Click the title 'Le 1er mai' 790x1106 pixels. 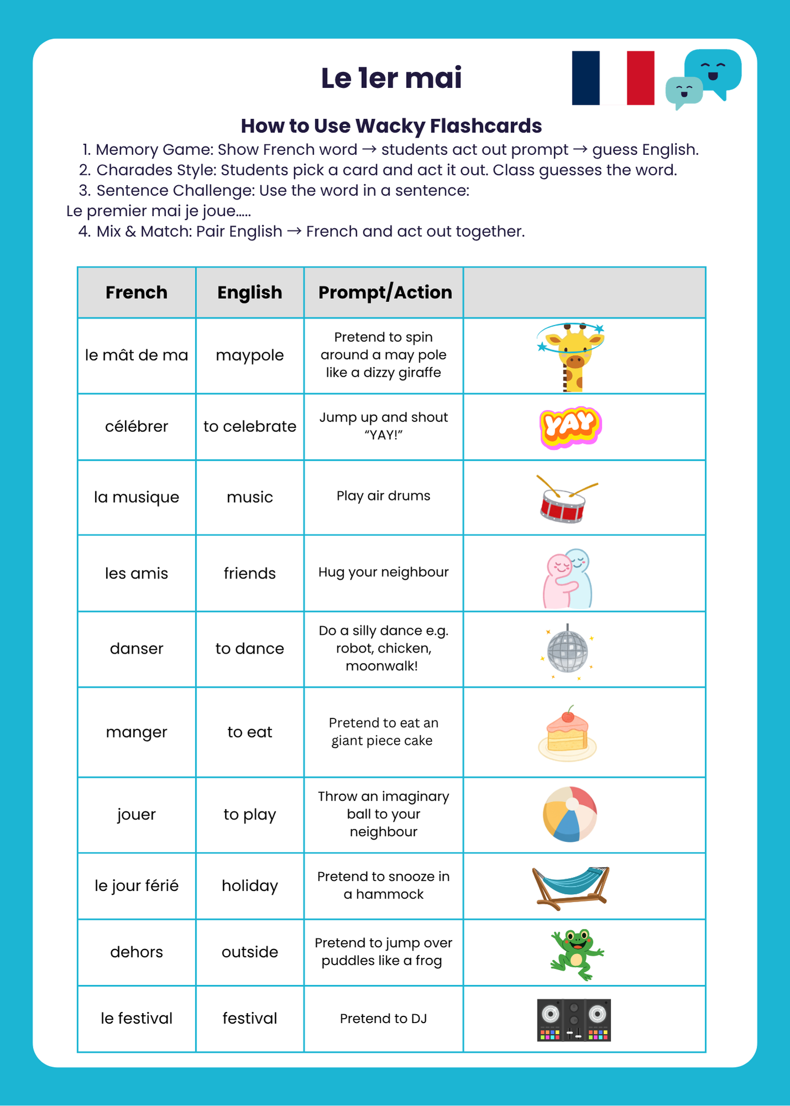[x=391, y=78]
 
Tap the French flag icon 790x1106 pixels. [x=613, y=78]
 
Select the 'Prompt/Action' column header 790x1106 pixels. [x=385, y=293]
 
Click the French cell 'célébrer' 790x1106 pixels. [x=137, y=426]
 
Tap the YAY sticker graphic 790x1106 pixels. [x=570, y=427]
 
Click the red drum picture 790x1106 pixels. [x=564, y=500]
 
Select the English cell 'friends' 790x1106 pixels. [x=250, y=573]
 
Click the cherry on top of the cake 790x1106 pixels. [x=568, y=716]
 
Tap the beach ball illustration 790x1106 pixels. [x=570, y=815]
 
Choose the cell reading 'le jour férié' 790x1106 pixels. [x=137, y=886]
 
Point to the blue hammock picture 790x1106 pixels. [x=570, y=885]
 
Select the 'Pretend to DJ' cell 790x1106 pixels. [x=383, y=1019]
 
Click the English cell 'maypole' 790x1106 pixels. [x=250, y=355]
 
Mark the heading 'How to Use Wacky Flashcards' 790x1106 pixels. [x=391, y=126]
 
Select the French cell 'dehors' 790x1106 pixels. [x=137, y=952]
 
